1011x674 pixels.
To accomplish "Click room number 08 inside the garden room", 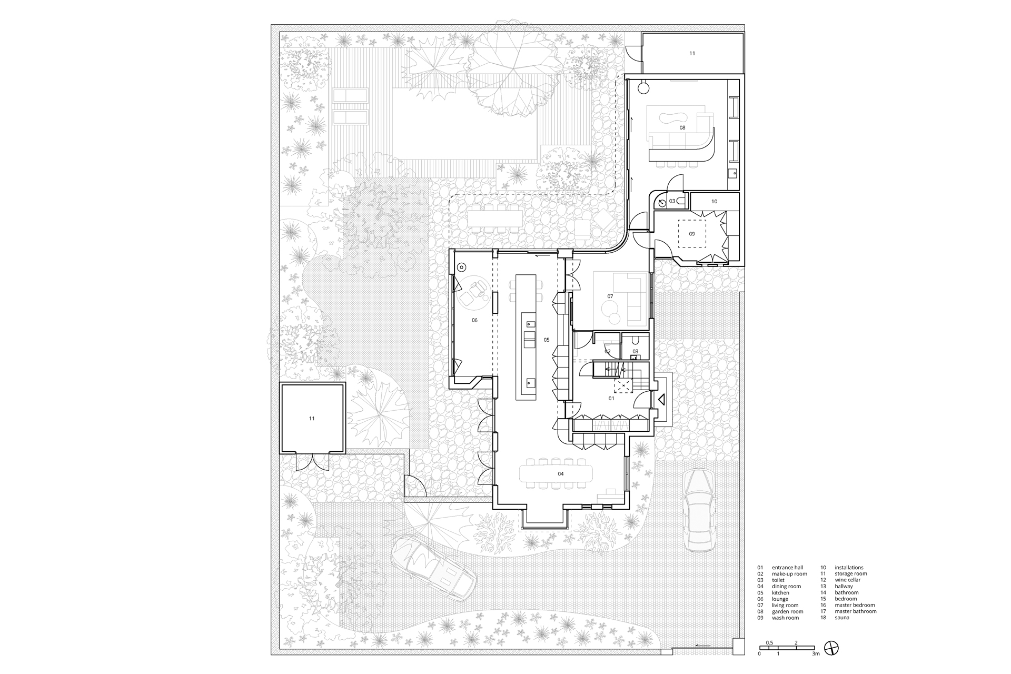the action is coord(682,127).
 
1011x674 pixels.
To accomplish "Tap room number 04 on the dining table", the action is coord(561,474).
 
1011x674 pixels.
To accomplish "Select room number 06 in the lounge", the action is coord(474,320).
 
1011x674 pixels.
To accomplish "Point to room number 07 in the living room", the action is coord(610,296).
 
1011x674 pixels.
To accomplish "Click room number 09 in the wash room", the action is coord(692,234).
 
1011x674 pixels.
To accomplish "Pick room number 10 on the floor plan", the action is coord(714,202).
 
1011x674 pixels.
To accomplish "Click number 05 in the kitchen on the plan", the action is coord(547,340).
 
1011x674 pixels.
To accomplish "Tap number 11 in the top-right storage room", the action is coord(692,53).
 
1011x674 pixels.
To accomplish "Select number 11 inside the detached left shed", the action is coord(312,419).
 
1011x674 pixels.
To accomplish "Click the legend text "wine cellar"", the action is coord(848,580).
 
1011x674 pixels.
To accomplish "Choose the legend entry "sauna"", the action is coord(842,618).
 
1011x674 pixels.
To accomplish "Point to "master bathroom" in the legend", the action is coord(856,611).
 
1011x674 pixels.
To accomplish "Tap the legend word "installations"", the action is coord(849,567).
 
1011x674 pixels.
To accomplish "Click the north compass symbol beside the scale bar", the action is coord(831,648).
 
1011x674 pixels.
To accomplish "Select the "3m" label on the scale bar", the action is coord(816,654).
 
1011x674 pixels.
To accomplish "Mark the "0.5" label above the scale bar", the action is coord(769,643).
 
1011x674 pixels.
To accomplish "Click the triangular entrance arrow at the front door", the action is coord(662,400).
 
